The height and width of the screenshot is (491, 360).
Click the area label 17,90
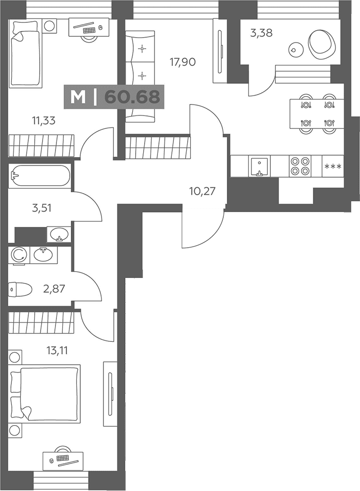183,62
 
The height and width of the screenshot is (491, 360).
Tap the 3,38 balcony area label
261,33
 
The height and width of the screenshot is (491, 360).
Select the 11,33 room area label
44,120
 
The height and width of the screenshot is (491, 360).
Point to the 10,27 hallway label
202,191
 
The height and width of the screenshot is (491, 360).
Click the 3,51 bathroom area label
42,208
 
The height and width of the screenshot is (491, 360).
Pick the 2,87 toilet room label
54,288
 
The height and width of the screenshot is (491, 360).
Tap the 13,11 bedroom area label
57,350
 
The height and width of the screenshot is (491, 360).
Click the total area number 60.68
132,97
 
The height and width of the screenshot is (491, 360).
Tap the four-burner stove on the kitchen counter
300,166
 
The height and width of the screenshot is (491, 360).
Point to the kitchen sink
259,166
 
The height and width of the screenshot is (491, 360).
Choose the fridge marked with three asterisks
333,166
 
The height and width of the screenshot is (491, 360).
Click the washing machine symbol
19,255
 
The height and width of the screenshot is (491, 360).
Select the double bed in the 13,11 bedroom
45,394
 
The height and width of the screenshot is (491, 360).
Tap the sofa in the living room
140,76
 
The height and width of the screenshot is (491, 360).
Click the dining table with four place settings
317,113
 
